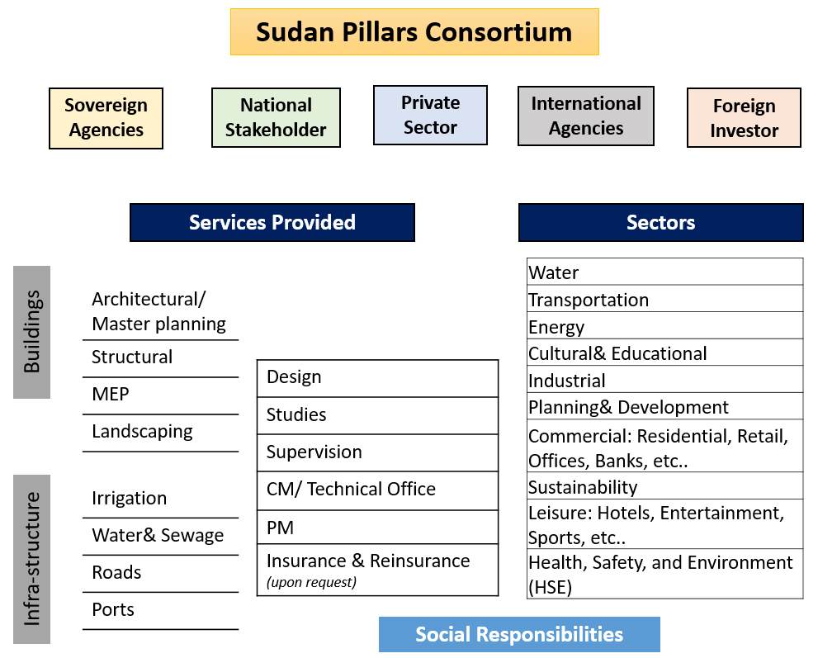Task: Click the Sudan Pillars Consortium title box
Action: coord(414,32)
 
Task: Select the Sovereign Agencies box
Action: coord(106,118)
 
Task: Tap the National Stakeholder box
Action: coord(276,118)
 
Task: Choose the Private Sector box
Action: coord(430,115)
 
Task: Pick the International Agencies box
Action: coord(586,116)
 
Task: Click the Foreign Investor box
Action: coord(744,118)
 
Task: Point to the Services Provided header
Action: coord(272,222)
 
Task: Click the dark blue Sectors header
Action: coord(660,222)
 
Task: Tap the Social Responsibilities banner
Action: coord(519,634)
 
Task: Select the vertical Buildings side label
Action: coord(31,332)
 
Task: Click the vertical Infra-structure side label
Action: coord(31,559)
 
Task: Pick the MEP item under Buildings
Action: coord(111,395)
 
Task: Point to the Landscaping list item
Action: coord(142,432)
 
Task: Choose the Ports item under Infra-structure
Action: coord(113,610)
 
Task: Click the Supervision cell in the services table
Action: coord(314,452)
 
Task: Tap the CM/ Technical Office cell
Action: coord(351,490)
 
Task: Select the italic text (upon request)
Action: coord(311,582)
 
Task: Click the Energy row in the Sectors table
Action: coord(556,327)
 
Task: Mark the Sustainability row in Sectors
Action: coord(583,487)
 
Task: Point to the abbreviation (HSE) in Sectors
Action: coord(551,587)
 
